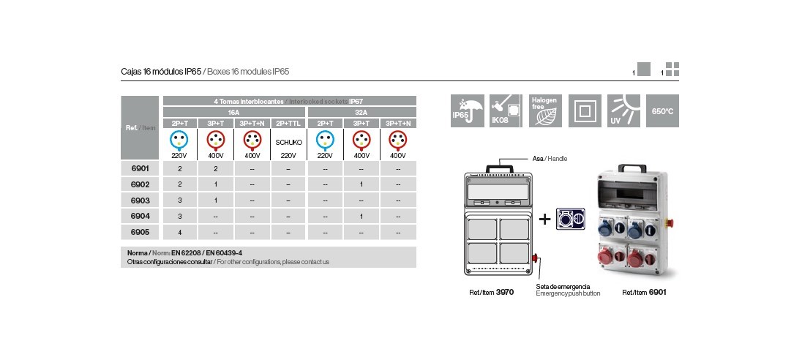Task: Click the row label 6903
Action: (x=140, y=200)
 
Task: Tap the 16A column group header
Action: (x=234, y=113)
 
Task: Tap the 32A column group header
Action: (x=361, y=113)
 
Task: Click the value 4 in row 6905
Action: (x=180, y=232)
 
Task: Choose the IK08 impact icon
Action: (x=505, y=111)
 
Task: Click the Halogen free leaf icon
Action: (x=545, y=111)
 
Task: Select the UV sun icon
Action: (x=624, y=111)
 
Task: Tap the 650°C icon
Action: (x=663, y=111)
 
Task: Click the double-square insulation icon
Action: (x=585, y=111)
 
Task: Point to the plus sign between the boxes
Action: (x=544, y=219)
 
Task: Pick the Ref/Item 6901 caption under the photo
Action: (x=644, y=292)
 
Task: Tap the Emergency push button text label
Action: (x=567, y=293)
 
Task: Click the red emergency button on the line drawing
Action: (x=536, y=258)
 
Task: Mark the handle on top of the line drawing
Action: (x=499, y=168)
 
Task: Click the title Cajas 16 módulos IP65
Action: (x=160, y=72)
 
